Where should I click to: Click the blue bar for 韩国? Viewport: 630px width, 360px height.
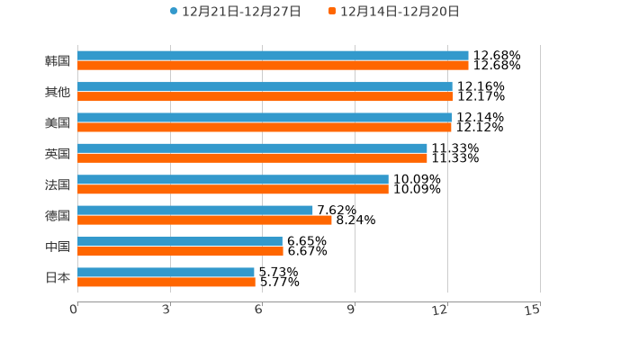point(273,56)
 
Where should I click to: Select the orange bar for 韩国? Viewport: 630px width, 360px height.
point(273,66)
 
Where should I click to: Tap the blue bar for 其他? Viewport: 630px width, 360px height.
point(265,86)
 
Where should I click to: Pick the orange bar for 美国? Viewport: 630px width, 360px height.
point(265,127)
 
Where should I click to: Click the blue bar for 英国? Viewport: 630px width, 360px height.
point(252,148)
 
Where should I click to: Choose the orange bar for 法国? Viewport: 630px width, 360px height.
point(233,189)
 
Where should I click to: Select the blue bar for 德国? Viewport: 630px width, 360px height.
point(195,210)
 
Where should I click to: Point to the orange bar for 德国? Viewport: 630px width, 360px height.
point(204,220)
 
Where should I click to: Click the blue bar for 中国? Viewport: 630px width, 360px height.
point(180,241)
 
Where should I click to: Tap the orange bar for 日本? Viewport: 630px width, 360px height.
point(166,282)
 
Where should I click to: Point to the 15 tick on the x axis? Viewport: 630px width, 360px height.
point(533,310)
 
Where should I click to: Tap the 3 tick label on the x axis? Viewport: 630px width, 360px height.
point(166,310)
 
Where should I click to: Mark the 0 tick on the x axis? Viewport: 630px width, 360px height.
point(74,310)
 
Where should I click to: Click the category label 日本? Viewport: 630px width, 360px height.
point(58,277)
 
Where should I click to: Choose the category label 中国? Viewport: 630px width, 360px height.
point(58,247)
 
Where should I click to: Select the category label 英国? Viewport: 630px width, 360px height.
point(58,154)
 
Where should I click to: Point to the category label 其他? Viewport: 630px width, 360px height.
point(58,92)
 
